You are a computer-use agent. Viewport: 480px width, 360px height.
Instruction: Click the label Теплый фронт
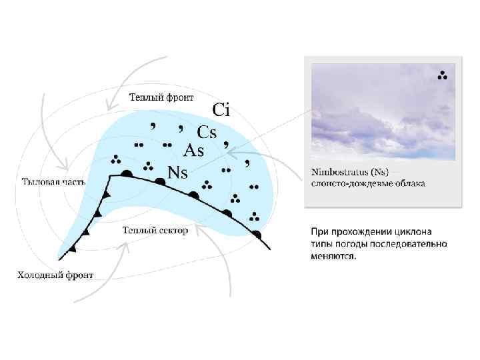161,97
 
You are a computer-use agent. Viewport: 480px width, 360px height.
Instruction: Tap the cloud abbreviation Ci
221,110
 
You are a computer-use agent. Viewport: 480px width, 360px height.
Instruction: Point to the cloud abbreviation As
193,151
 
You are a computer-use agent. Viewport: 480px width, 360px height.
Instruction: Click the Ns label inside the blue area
177,173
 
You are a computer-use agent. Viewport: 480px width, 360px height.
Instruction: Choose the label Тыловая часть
53,181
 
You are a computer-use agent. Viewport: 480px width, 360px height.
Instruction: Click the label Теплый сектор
155,230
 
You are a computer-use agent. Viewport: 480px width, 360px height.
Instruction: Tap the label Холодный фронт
55,275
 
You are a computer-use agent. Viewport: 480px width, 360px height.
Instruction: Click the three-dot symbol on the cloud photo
442,75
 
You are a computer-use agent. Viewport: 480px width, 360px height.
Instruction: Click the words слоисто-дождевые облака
368,183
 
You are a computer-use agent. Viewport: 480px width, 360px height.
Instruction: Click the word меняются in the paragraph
333,257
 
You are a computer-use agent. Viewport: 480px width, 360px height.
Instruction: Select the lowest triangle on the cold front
72,249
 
